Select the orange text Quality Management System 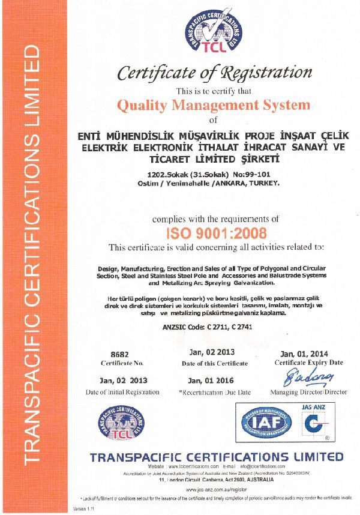[214, 106]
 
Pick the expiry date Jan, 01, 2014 [308, 353]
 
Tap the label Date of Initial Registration [122, 392]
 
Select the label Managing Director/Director [308, 392]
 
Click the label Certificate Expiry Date [308, 363]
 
